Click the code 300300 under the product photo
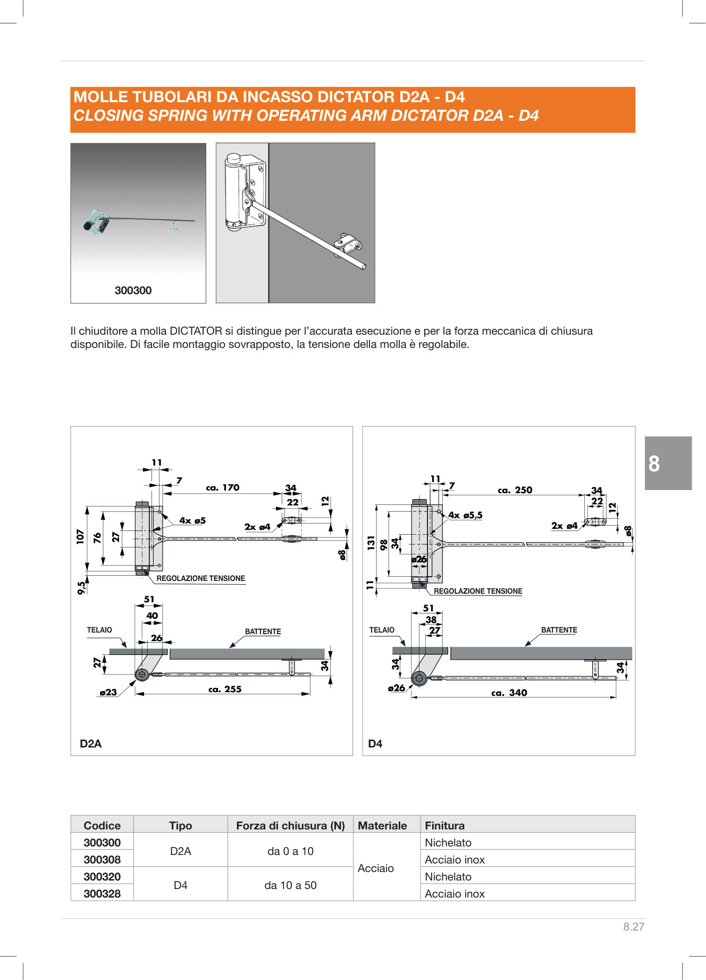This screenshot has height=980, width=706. click(133, 290)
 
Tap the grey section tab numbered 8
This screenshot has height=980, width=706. click(668, 463)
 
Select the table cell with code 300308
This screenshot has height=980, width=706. click(102, 859)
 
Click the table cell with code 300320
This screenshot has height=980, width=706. click(102, 876)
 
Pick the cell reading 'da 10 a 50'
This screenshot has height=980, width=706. click(290, 885)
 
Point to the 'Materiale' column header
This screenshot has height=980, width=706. click(382, 825)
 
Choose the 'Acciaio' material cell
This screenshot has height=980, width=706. click(376, 868)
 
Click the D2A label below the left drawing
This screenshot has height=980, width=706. click(90, 744)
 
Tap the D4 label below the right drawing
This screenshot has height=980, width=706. click(375, 744)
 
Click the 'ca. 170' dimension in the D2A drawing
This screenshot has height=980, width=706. click(223, 487)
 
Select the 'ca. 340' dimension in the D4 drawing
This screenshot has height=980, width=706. click(509, 693)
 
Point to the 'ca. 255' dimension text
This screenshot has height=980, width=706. click(225, 689)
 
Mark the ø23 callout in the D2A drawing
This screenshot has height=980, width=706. click(108, 692)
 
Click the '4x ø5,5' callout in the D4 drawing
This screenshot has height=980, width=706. click(465, 515)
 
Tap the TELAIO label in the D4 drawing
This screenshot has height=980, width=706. click(382, 630)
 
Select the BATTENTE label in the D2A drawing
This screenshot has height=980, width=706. click(263, 632)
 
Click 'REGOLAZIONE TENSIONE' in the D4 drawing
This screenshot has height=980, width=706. click(478, 591)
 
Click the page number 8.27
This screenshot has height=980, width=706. click(634, 926)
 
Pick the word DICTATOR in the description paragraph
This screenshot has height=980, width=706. click(196, 331)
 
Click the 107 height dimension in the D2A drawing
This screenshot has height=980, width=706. click(80, 536)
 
